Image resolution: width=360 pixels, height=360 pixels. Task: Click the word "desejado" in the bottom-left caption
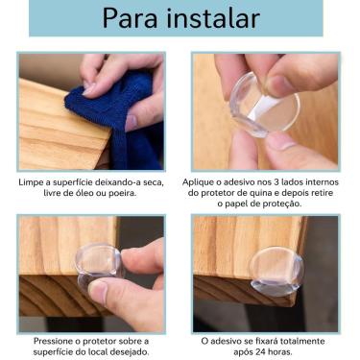tap(128, 352)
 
